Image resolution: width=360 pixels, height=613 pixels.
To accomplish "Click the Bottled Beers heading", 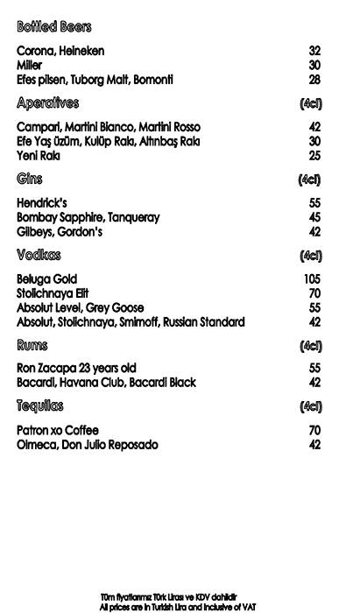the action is point(53,27).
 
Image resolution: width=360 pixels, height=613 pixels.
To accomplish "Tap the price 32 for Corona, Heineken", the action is point(314,51).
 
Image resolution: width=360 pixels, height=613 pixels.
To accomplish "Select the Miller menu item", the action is point(31,65).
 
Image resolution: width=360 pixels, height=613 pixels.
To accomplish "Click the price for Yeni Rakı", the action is point(314,156).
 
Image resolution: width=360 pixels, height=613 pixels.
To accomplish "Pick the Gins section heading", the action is point(30,180).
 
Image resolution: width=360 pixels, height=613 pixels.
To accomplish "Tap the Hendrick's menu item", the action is point(42,202).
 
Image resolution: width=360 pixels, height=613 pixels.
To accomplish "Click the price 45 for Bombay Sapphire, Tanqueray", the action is point(314,217).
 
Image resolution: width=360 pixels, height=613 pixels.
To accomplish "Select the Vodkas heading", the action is point(39,256).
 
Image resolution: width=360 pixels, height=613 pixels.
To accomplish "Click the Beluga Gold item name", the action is point(47,278).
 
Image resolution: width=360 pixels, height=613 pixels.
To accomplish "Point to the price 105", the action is point(312,278).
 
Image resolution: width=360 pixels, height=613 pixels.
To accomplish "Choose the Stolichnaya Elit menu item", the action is point(53,293).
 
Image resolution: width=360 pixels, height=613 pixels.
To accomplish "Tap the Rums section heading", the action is point(32,346).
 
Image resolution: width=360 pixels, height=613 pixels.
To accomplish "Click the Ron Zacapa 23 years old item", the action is point(76,369).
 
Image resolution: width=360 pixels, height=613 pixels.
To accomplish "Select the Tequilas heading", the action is point(40,406).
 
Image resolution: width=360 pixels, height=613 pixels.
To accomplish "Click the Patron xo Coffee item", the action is point(58,430).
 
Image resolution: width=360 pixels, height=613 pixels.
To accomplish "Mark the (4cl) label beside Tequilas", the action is point(311,407).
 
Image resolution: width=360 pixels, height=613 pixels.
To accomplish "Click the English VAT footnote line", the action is point(178,606).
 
